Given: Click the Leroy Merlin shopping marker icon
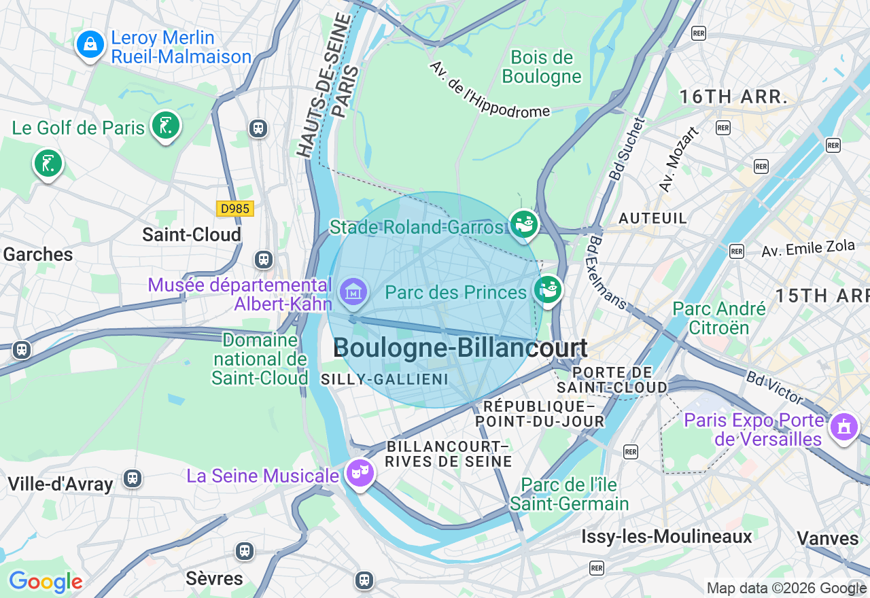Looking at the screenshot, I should pos(90,45).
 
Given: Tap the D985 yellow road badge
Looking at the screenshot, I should pos(235,209).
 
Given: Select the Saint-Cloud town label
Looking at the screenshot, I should pos(192,234).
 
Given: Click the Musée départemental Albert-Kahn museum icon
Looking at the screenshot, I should pos(353,292).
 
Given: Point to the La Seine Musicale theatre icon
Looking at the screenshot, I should pos(360,471).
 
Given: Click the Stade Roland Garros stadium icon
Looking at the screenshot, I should pos(524,224).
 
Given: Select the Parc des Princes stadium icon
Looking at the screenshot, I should pos(548,289).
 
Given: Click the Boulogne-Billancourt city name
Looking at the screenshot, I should pos(460,348).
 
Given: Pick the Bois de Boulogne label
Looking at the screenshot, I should pos(542,67).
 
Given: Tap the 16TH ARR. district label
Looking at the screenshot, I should pos(733,96).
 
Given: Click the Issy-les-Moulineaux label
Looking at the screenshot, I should pos(666,537).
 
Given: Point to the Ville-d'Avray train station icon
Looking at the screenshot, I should pos(133,478).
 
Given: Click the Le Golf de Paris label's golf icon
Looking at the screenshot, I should pos(165,125).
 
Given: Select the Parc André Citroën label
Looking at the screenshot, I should pos(719,318).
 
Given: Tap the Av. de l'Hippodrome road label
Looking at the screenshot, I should pos(489,90).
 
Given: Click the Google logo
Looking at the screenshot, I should pos(46,582).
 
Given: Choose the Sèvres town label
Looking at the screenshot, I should pos(214,578).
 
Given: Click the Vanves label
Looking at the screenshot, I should pos(827,538).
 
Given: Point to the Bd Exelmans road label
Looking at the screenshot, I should pos(608,272).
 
